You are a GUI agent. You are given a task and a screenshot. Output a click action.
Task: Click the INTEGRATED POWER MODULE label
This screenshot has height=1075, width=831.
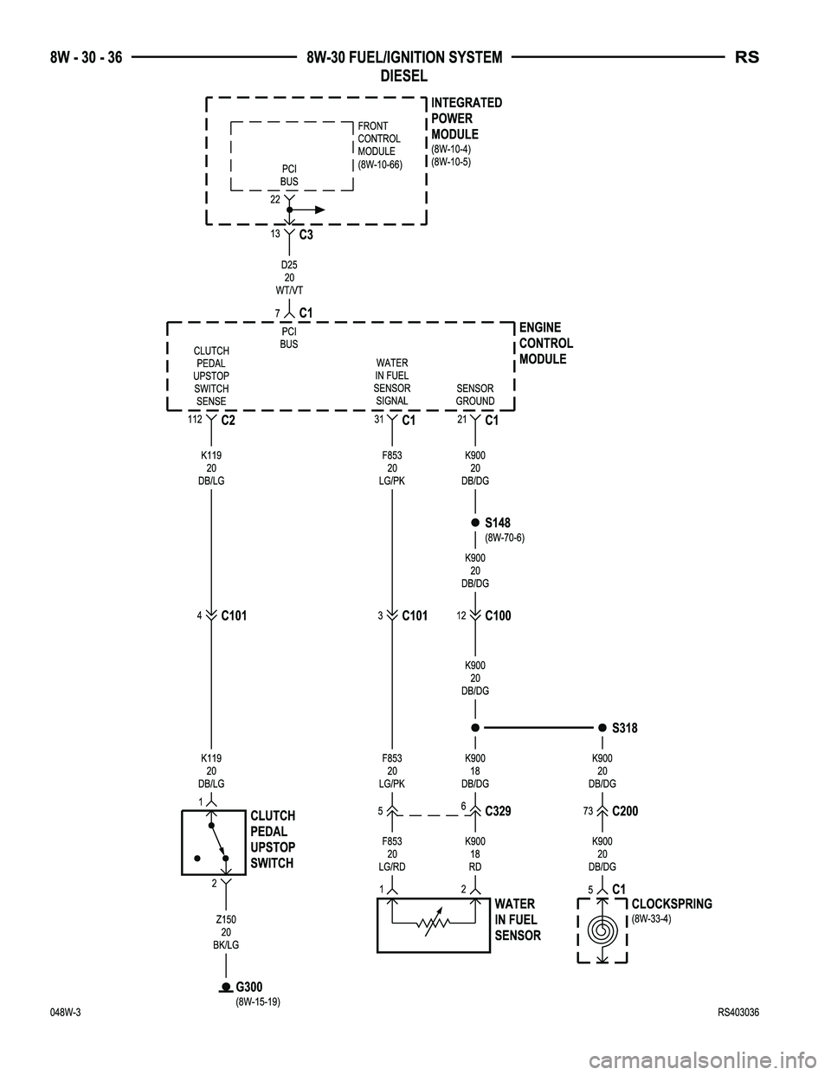tap(466, 119)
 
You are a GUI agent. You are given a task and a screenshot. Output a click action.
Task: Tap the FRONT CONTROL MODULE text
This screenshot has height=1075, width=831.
tap(379, 145)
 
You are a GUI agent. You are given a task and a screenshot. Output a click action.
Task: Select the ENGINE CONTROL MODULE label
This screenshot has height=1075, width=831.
tap(545, 343)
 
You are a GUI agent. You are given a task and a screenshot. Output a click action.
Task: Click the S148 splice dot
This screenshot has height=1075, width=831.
tap(475, 523)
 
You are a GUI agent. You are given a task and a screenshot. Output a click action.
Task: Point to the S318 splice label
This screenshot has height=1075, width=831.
tap(624, 729)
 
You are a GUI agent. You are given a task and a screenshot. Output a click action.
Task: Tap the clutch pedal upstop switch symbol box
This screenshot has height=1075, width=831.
tap(213, 843)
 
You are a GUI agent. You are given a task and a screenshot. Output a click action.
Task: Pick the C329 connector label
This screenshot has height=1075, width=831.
tap(499, 812)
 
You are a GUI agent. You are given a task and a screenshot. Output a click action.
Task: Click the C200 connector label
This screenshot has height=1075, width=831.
tap(625, 812)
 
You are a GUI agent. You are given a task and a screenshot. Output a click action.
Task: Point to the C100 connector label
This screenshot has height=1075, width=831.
tap(498, 616)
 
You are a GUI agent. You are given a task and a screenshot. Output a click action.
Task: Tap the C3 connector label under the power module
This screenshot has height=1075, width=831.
tap(306, 235)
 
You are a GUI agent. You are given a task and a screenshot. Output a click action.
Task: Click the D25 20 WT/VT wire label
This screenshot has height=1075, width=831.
tap(289, 277)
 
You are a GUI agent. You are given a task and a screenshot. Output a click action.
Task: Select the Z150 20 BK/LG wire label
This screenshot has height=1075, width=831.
tap(226, 932)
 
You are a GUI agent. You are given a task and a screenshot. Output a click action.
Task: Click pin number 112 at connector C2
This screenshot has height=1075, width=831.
tap(194, 419)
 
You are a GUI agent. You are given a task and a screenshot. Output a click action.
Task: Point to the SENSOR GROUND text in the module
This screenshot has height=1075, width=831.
tap(475, 395)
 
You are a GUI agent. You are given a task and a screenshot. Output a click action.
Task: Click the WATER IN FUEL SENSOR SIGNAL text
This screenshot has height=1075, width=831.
tap(392, 382)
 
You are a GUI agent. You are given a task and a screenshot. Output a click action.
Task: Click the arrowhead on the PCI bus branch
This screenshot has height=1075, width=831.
tap(320, 209)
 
